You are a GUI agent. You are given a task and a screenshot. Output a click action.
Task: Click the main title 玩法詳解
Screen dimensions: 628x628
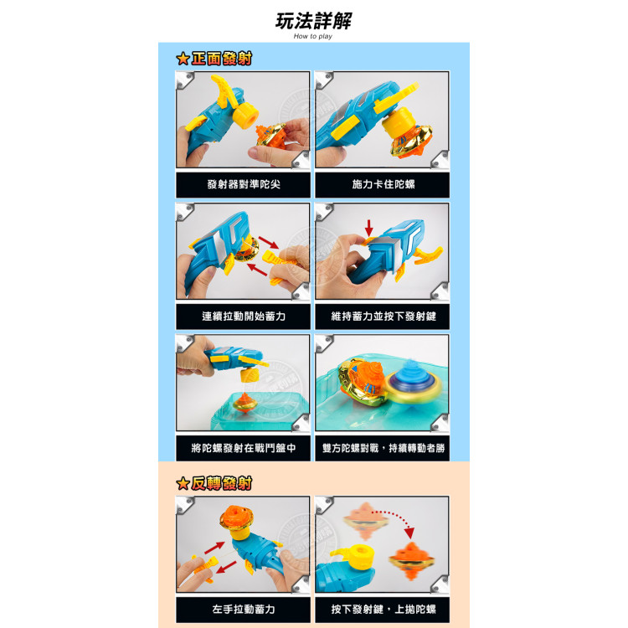(313, 21)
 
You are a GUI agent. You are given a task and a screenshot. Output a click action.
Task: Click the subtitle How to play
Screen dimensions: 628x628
(313, 38)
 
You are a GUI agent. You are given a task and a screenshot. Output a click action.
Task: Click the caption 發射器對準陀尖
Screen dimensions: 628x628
(242, 184)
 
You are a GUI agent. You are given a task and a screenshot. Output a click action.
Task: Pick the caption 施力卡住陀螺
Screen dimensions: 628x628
(381, 184)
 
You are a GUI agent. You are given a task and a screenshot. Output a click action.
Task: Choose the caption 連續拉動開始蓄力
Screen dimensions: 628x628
(242, 317)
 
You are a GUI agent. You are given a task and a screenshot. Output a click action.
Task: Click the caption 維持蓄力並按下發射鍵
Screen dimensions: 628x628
(381, 317)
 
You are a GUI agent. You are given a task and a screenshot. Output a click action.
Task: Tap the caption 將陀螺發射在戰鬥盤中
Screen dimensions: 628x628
(242, 448)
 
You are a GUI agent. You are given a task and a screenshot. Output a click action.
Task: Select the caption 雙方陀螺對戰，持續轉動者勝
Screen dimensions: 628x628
(381, 448)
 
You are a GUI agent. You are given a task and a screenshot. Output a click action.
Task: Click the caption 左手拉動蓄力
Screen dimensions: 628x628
(242, 609)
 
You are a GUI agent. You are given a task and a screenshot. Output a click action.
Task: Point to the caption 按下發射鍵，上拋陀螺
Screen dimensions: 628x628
(381, 609)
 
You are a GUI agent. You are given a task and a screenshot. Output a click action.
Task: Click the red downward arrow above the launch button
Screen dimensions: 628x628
(369, 226)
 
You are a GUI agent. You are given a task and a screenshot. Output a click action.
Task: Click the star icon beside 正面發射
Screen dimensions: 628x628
(183, 59)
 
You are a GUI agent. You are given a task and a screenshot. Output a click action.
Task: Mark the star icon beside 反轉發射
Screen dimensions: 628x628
(183, 483)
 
